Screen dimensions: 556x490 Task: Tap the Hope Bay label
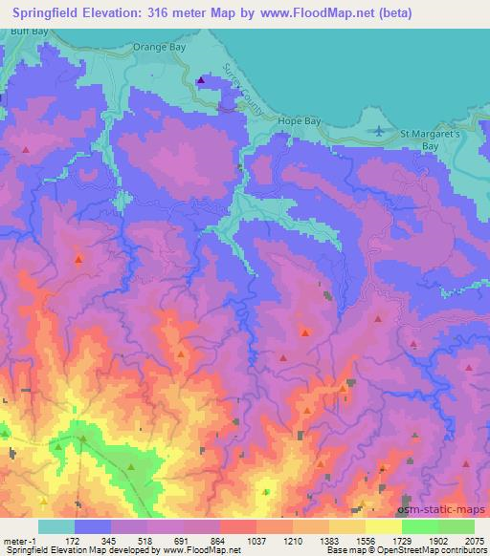click(297, 122)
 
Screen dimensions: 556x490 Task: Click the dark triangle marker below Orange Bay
click(200, 80)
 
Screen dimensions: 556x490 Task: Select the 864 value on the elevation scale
click(205, 540)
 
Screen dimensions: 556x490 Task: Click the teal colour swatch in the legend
click(56, 526)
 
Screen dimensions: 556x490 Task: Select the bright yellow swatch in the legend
click(383, 526)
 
